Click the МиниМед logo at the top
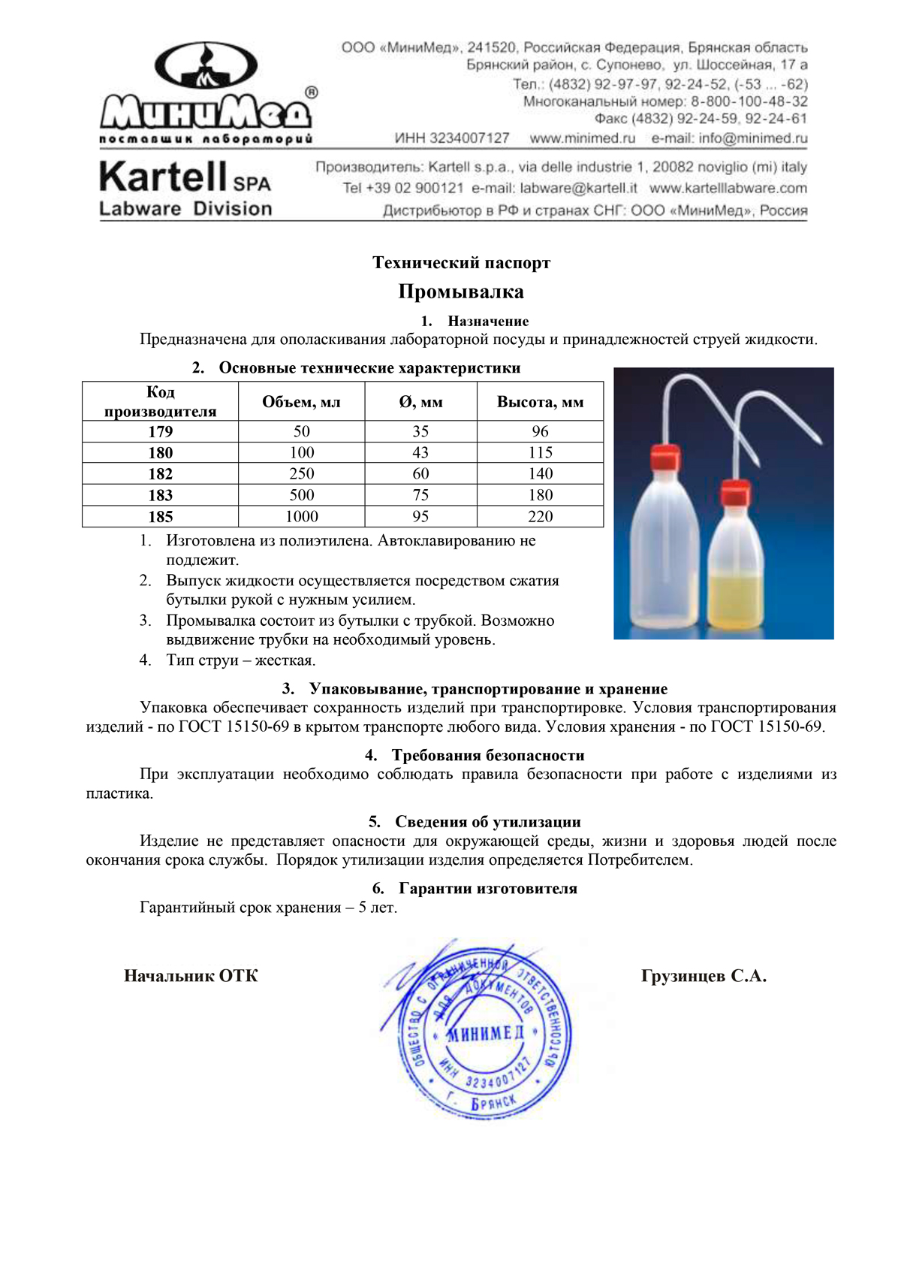tap(206, 90)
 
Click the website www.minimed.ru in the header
tap(582, 138)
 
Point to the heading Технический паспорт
tap(461, 263)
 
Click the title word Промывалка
tap(461, 292)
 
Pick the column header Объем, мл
tap(301, 402)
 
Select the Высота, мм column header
tap(540, 402)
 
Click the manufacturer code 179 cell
tap(160, 431)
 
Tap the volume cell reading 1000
tap(301, 516)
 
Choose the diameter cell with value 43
tap(420, 452)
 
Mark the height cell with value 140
tap(540, 473)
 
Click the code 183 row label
tap(160, 495)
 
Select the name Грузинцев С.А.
tap(704, 976)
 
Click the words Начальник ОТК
tap(191, 976)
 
